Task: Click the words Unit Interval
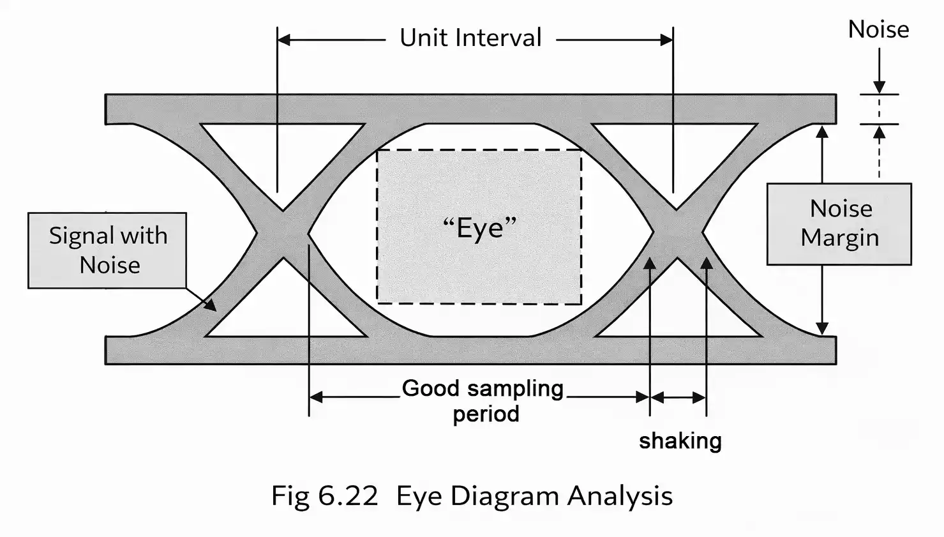(470, 38)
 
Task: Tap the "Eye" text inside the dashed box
(479, 227)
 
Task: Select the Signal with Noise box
(107, 250)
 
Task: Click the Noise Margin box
(839, 223)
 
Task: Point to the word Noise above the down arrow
(878, 30)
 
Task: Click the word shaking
(680, 441)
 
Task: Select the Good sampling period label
(483, 400)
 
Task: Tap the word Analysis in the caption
(620, 496)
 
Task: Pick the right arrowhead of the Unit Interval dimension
(666, 40)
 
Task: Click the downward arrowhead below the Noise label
(879, 87)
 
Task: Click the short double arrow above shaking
(678, 398)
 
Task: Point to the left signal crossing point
(283, 234)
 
